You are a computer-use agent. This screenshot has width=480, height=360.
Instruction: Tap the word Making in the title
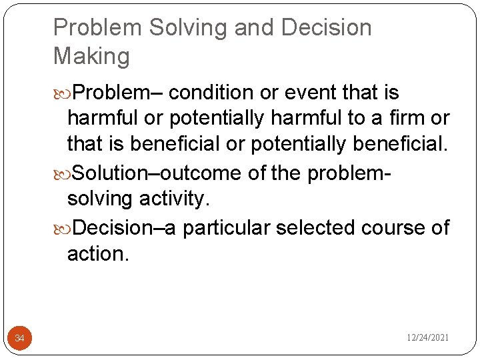click(92, 56)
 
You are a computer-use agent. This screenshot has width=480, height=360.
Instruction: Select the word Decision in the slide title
click(327, 28)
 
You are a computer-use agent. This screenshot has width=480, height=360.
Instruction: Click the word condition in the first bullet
click(211, 92)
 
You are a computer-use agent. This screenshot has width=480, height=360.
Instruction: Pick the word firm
click(409, 119)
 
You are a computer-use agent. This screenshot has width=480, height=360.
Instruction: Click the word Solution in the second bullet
click(108, 173)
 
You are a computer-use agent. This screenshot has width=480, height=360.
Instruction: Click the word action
click(97, 254)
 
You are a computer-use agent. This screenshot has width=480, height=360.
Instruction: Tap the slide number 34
click(19, 339)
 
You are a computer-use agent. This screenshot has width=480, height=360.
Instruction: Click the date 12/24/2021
click(428, 338)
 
